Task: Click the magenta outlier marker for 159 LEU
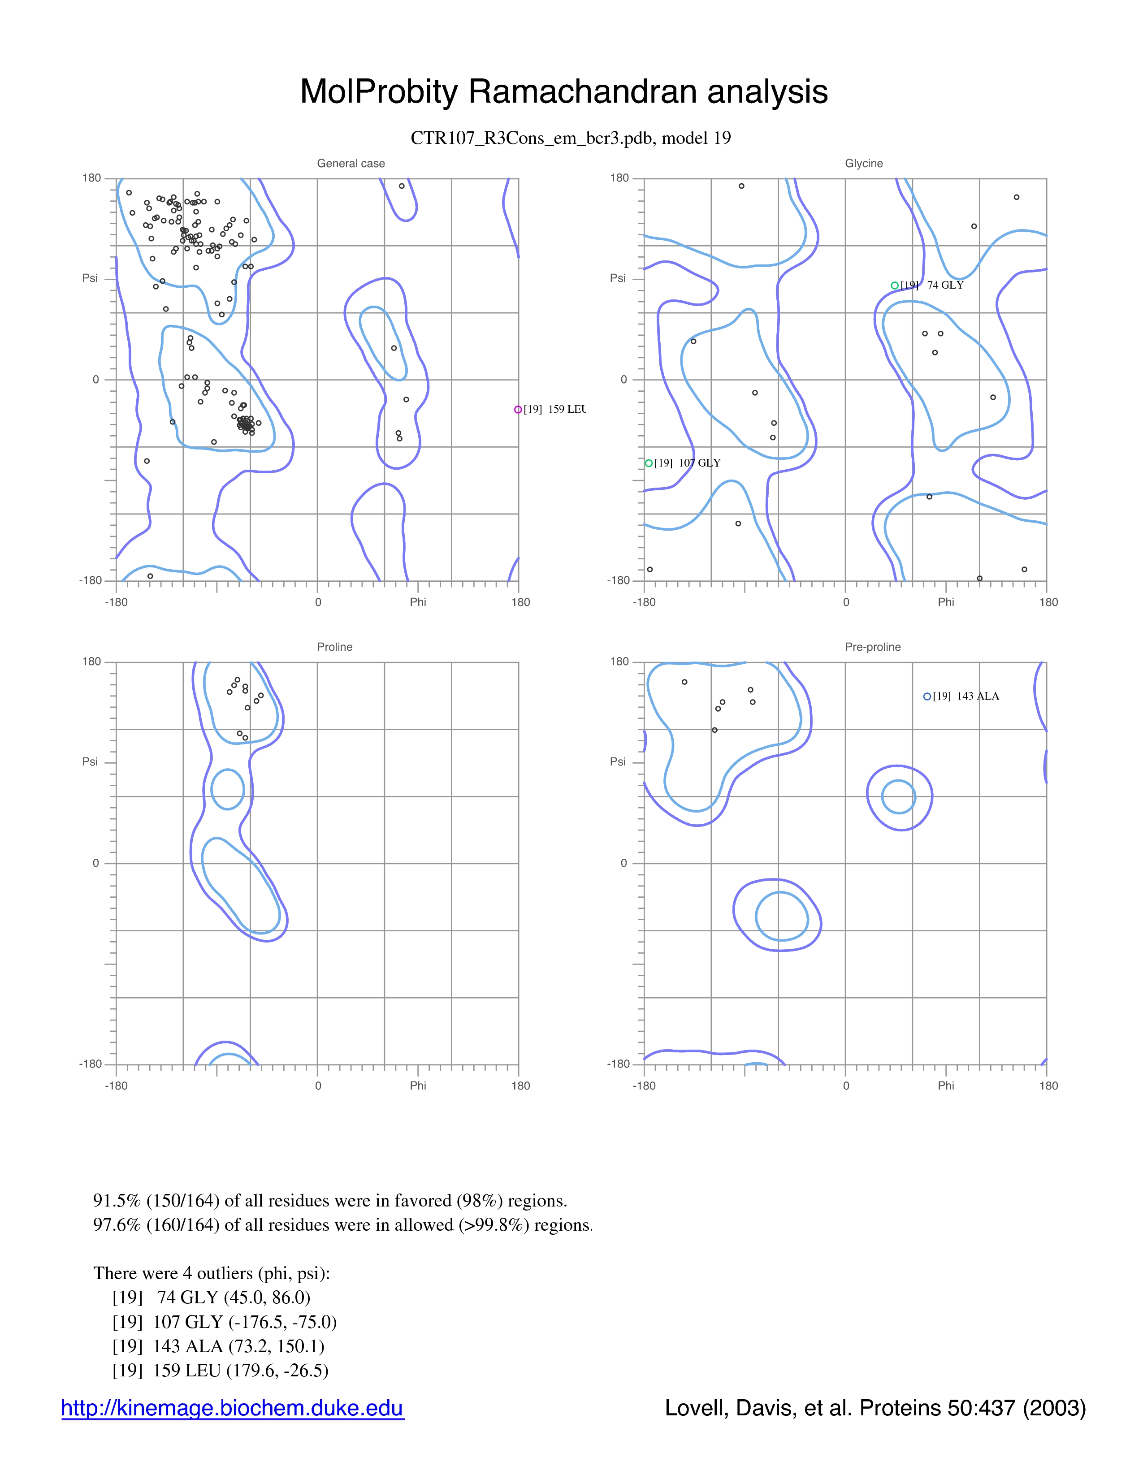(x=518, y=410)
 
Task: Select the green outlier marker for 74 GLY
(x=895, y=286)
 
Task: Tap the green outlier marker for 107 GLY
(x=649, y=463)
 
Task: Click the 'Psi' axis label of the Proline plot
(x=90, y=762)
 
